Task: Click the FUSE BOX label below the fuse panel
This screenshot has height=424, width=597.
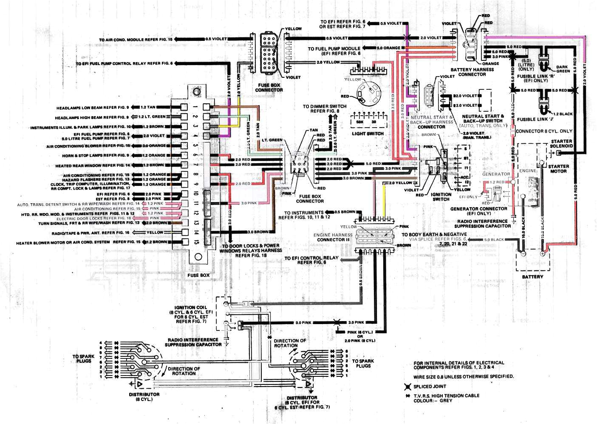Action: point(198,275)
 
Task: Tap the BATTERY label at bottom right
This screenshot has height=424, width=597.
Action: point(532,277)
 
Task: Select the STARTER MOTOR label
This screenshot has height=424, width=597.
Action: point(558,169)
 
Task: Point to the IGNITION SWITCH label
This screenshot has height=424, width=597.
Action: point(441,197)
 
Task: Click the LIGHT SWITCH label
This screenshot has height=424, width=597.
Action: point(368,134)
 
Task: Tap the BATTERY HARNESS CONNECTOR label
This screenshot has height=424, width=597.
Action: point(472,72)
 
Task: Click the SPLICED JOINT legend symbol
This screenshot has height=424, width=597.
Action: point(407,387)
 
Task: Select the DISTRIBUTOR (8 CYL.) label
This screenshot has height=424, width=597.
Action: point(144,397)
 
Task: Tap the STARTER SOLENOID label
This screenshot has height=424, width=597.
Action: point(561,144)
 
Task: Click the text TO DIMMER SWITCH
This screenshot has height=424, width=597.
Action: point(324,106)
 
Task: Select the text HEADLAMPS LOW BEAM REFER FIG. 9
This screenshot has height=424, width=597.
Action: point(92,108)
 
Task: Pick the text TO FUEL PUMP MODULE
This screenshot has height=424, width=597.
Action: point(334,49)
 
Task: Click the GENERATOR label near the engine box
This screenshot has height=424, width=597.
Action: point(496,174)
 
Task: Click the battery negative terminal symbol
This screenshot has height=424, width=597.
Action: point(523,254)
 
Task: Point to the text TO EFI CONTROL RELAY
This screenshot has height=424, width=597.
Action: point(311,258)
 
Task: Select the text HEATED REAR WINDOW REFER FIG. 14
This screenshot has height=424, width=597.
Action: point(93,166)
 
